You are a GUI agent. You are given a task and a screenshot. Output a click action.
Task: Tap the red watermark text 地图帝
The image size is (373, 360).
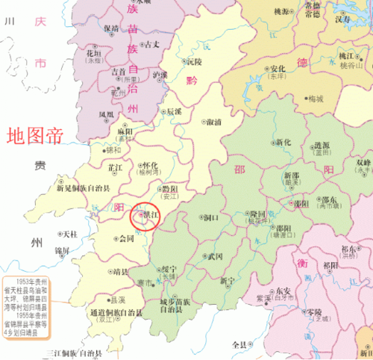[x=35, y=135]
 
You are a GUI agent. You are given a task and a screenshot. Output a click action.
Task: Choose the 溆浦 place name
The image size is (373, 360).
[x=214, y=121]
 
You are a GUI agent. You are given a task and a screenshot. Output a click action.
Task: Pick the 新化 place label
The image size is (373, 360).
[x=283, y=141]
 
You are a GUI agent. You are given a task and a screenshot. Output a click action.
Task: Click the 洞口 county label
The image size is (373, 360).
[x=211, y=218]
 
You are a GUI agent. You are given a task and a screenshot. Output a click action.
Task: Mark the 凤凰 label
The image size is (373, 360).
[x=107, y=114]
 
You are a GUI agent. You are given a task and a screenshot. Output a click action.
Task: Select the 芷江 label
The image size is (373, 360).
[x=116, y=167]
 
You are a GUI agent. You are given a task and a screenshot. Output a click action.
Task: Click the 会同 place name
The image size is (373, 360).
[x=127, y=239]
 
